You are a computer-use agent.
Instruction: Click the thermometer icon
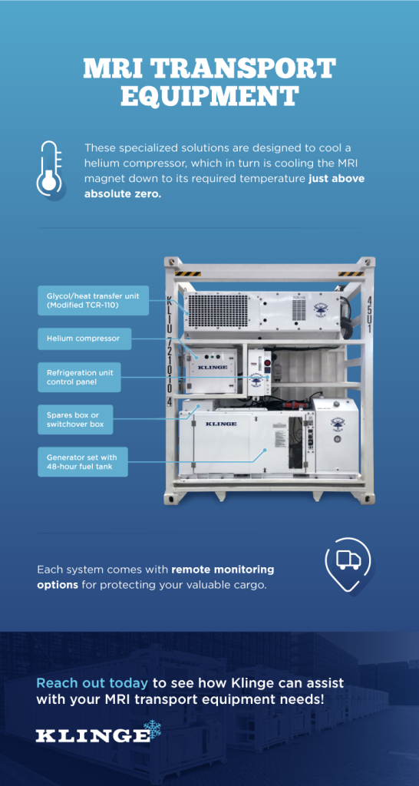point(49,169)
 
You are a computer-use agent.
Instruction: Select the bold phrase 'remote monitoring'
point(223,570)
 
